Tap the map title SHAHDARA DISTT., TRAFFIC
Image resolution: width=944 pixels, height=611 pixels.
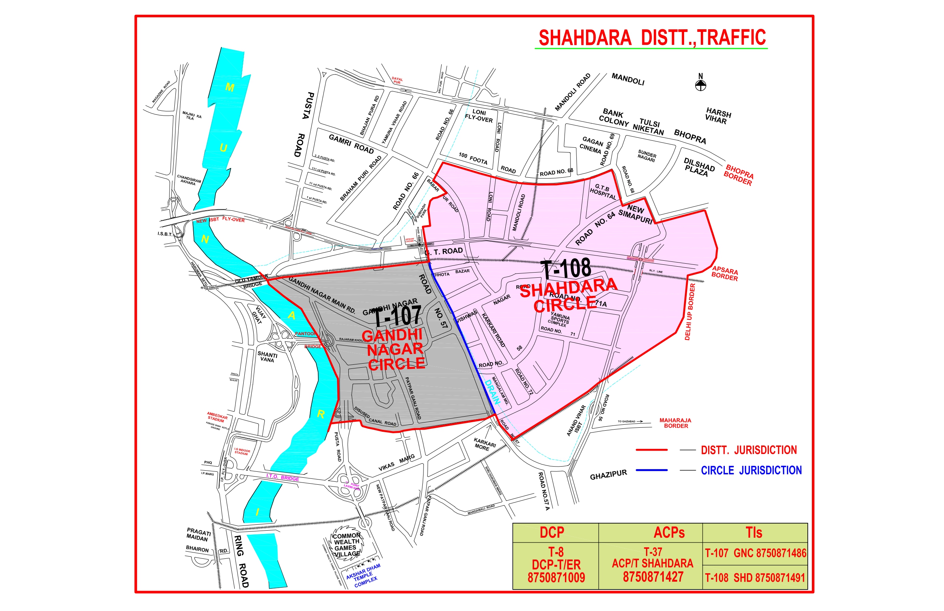point(652,38)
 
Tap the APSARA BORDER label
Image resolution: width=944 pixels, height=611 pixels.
point(725,273)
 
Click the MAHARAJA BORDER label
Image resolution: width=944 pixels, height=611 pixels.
point(676,423)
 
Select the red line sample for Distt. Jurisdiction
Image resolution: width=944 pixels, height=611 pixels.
point(651,450)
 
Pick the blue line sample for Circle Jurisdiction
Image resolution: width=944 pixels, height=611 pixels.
point(651,470)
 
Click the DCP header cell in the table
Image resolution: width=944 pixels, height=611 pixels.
point(552,533)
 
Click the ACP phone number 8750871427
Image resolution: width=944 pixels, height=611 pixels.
point(653,577)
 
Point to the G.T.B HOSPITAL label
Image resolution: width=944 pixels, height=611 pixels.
point(603,192)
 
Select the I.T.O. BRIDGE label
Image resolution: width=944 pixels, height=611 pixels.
point(282,477)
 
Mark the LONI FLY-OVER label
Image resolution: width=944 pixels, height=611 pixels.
point(479,116)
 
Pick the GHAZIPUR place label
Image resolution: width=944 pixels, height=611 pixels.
point(609,475)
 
